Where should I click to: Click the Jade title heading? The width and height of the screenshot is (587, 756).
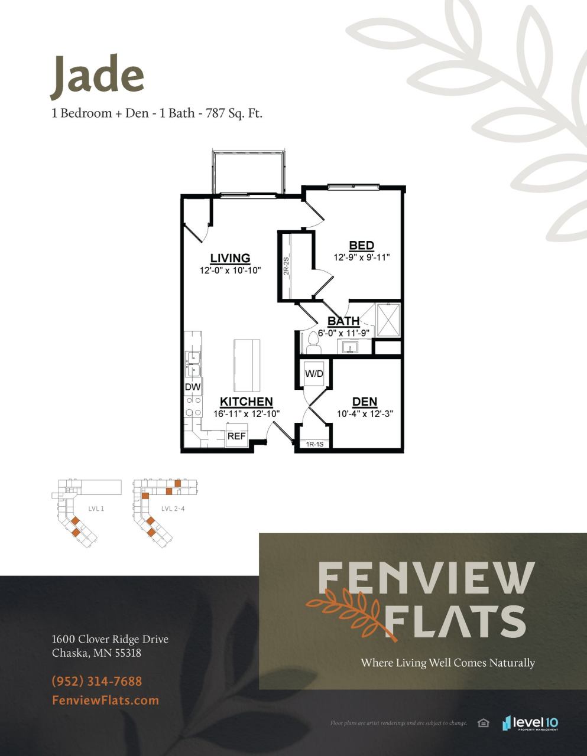point(98,76)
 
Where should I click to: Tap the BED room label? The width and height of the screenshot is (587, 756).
point(361,245)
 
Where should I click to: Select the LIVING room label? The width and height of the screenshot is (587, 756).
point(230,258)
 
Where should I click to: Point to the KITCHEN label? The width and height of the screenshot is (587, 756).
point(246,402)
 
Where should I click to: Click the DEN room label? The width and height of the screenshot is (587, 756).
point(364,402)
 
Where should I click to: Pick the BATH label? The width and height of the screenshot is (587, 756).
point(343,321)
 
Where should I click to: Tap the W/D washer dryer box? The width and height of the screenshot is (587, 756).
point(313,373)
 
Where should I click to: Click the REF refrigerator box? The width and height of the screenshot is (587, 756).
point(236,436)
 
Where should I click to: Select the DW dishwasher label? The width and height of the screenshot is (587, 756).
point(193,387)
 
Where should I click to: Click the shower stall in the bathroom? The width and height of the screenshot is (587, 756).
point(388,320)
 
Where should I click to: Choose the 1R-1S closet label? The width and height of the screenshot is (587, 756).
point(314,444)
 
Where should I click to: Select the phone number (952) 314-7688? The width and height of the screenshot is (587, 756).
point(97,681)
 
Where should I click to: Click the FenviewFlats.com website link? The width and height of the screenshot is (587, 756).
point(105,700)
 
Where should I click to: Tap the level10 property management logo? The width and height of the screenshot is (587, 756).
point(530,723)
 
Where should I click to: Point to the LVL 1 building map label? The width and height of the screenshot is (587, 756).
point(96,508)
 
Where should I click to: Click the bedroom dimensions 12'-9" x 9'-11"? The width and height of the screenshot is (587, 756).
point(361,258)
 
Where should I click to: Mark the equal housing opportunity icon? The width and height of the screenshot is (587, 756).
point(483,723)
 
